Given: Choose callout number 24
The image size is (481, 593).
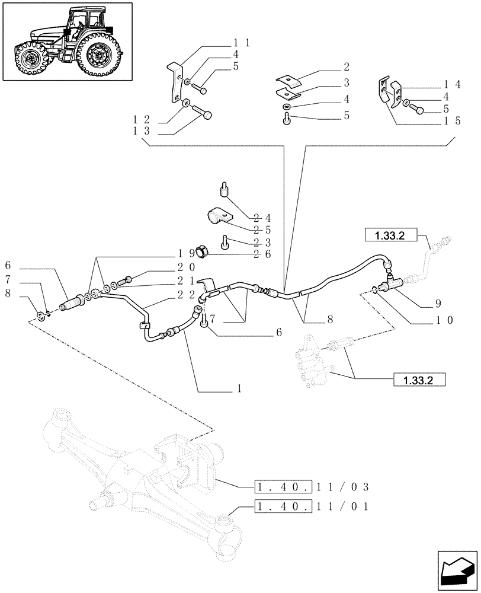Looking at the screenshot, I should pyautogui.click(x=261, y=217).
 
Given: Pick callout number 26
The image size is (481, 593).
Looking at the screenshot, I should pyautogui.click(x=261, y=255).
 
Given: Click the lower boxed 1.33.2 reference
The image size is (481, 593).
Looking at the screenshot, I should pyautogui.click(x=418, y=380).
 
